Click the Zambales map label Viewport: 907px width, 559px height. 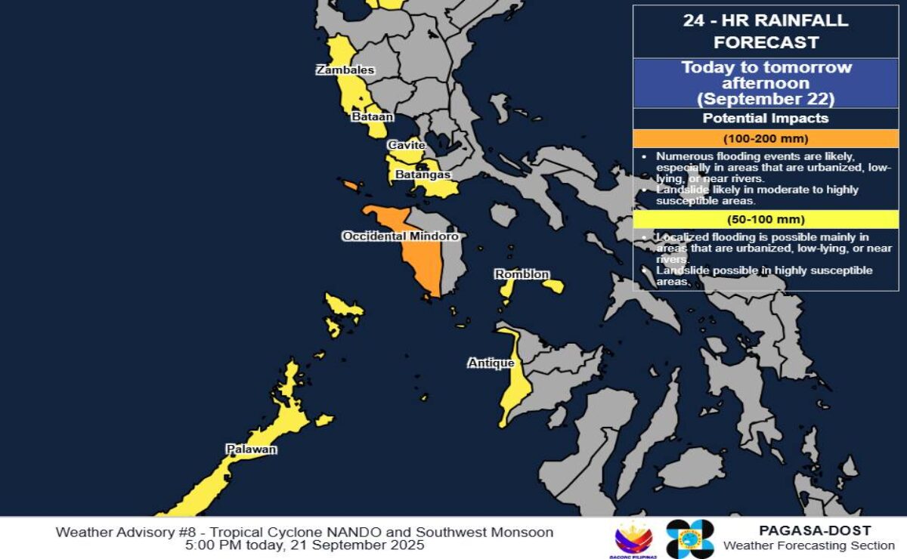coord(345,70)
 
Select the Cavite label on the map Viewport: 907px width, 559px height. coord(407,145)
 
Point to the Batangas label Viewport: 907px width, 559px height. coord(423,174)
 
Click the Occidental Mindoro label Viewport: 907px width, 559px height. coord(400,236)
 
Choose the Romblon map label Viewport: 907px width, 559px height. coord(522,274)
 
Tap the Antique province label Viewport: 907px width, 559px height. coord(491,363)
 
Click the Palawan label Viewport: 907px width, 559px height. coord(251,449)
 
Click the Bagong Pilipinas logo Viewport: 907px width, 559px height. coord(634,539)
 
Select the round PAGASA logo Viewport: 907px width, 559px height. coord(689,539)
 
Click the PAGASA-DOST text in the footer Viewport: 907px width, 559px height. coord(815,531)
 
